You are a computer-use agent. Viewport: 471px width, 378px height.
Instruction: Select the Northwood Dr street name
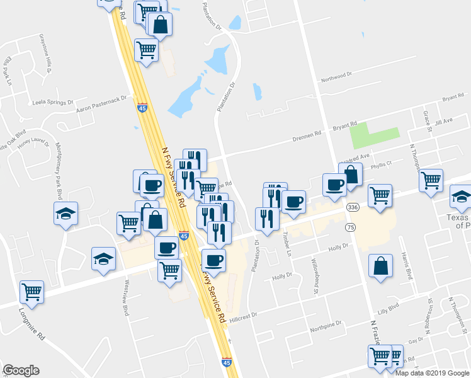[x=336, y=77]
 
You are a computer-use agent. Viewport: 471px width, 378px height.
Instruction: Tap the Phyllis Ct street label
[x=381, y=164]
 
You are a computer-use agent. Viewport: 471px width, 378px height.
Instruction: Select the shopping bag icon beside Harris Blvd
[x=381, y=266]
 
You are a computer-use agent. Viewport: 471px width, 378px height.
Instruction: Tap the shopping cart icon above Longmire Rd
[x=31, y=292]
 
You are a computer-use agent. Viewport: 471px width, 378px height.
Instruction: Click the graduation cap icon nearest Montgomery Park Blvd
[x=65, y=214]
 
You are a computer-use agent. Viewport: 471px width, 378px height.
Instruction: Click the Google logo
[x=21, y=370]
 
